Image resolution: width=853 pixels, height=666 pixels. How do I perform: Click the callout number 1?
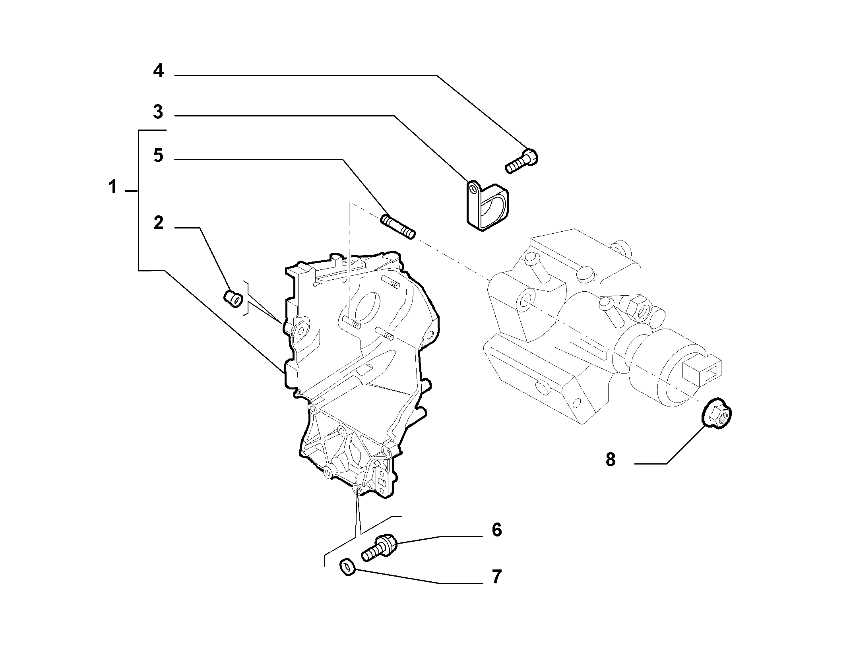click(113, 187)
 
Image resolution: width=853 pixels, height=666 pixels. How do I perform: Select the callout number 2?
click(158, 223)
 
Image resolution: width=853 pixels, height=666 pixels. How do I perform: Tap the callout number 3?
click(158, 112)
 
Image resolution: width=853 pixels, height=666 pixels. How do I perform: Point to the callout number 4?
click(158, 71)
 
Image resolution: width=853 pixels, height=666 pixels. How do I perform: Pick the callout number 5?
click(158, 155)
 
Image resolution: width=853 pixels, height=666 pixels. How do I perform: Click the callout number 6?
click(497, 530)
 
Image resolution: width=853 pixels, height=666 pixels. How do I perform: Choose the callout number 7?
click(497, 577)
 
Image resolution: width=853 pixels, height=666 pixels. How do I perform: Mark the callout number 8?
click(611, 459)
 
